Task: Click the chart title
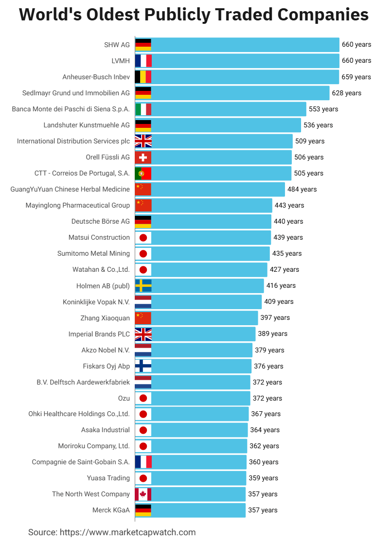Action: point(194,15)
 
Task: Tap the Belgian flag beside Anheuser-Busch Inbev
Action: point(143,77)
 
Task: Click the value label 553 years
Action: point(323,109)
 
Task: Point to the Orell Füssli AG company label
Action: point(107,157)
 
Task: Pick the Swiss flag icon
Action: point(143,157)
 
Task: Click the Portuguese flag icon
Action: point(143,173)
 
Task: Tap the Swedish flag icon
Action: point(143,285)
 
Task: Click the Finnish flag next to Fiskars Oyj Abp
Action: point(143,366)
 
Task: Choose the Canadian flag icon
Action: point(143,494)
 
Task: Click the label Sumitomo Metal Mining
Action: point(93,253)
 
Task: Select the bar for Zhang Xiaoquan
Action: point(204,317)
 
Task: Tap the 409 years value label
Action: point(279,301)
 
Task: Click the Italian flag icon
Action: point(143,109)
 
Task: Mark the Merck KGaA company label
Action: point(111,510)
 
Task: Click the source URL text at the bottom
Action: point(112,532)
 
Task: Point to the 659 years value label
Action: point(356,77)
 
